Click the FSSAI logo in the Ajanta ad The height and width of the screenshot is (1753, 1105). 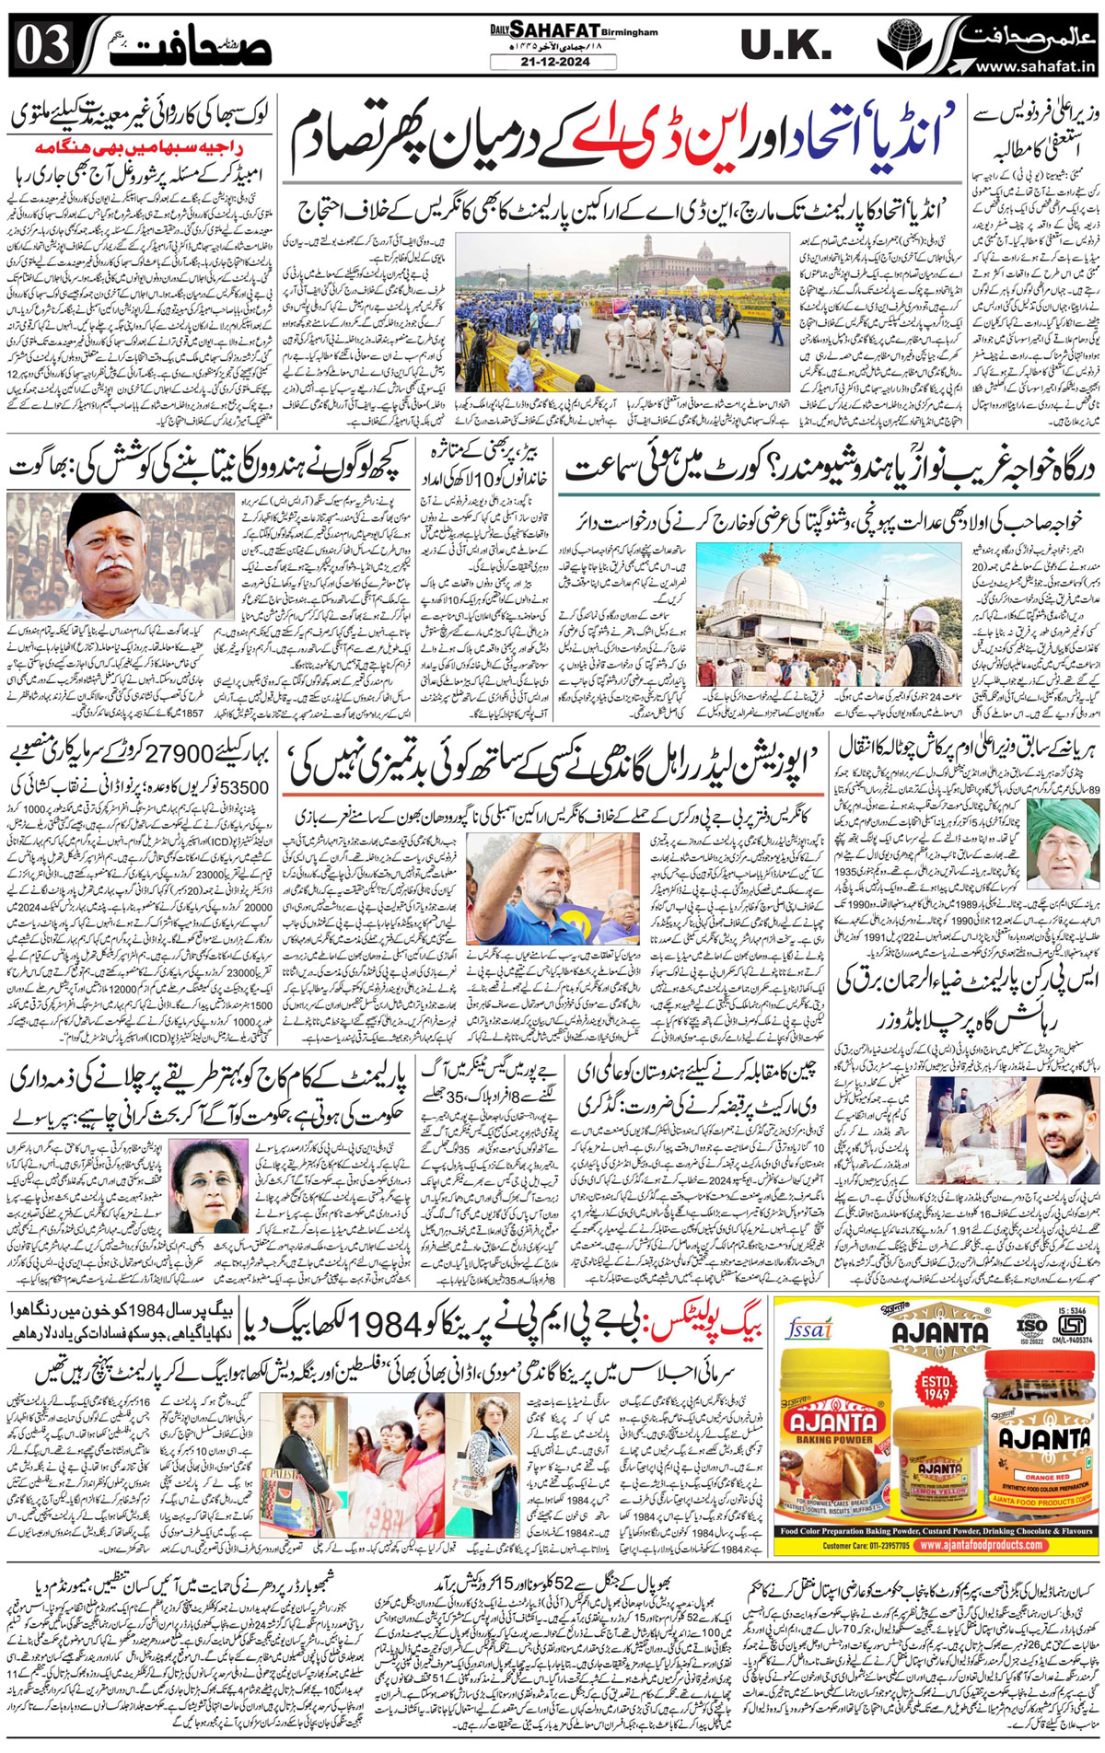[809, 1329]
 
